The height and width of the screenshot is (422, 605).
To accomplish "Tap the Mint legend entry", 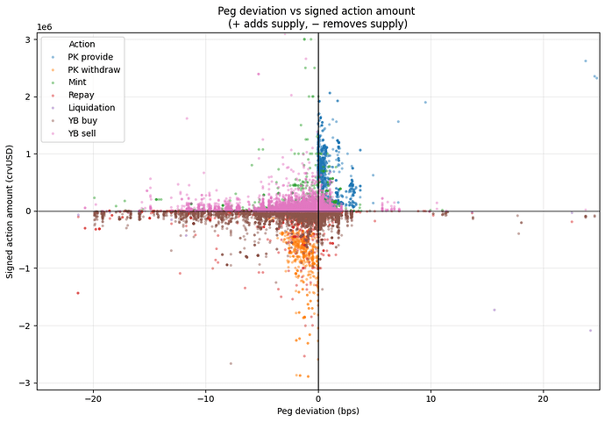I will click(x=77, y=82).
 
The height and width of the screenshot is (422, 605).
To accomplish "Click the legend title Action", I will click(x=82, y=44).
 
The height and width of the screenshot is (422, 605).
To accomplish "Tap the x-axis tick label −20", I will click(x=93, y=398).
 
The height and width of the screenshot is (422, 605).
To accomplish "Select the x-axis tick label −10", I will click(x=205, y=398).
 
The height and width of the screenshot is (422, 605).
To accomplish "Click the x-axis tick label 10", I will click(x=431, y=398).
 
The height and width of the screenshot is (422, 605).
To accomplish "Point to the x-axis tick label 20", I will click(x=543, y=398).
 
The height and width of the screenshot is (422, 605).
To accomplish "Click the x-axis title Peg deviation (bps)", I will click(x=318, y=411).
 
